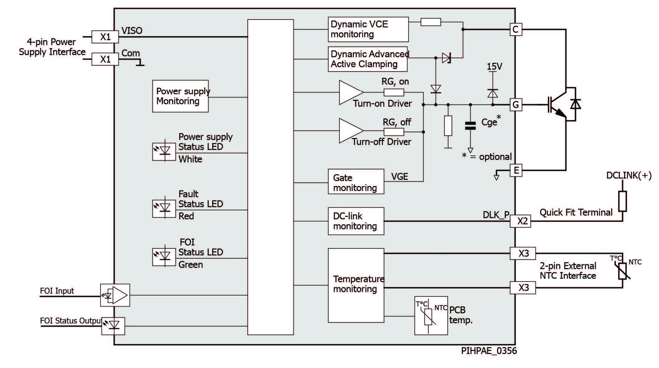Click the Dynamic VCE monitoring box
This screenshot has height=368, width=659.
coord(368,30)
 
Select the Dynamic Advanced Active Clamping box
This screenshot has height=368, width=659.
coord(368,59)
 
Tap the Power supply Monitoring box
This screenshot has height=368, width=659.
coord(180,96)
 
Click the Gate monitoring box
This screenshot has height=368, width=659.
coord(356,182)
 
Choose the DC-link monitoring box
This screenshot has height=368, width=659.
coord(356,221)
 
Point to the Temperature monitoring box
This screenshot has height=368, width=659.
coord(356,286)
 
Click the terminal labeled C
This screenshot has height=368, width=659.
coord(516,30)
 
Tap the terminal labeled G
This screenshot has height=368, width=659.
coord(516,105)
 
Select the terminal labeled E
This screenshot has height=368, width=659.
coord(516,170)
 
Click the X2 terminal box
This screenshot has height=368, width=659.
coord(520,221)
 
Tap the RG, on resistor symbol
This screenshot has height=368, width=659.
coord(394,92)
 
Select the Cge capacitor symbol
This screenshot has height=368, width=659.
coord(470,125)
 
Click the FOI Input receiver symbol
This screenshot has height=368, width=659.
coord(115,295)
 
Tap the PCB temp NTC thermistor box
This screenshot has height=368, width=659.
coord(431,315)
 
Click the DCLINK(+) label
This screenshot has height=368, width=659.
coord(629,175)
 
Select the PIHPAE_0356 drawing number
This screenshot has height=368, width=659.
coord(489,351)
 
